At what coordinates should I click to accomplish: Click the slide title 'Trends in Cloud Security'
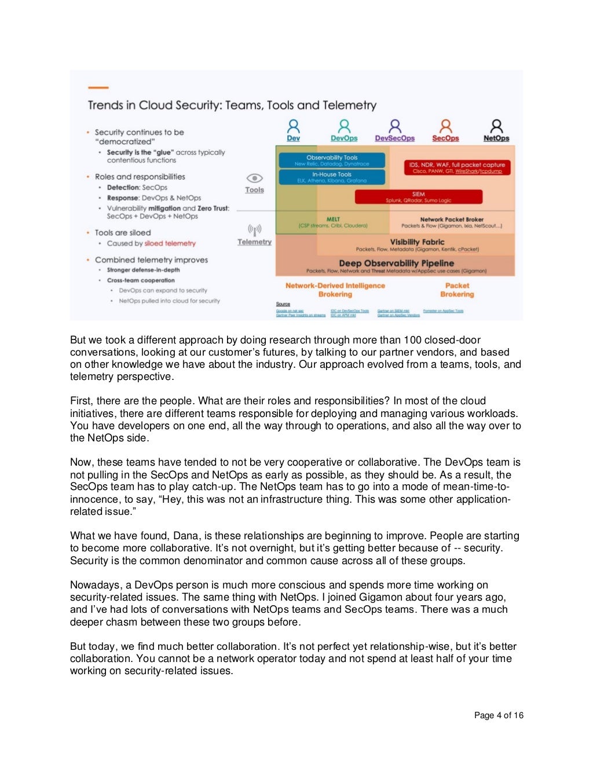point(232,105)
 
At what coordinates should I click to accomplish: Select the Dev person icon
point(294,126)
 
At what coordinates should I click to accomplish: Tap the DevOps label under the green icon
point(344,138)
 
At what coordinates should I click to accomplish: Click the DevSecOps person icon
point(395,126)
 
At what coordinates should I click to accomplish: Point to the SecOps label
point(445,138)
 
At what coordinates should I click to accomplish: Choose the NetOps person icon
point(496,126)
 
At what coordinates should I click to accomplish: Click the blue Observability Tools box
point(332,160)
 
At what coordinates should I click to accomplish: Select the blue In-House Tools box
point(332,177)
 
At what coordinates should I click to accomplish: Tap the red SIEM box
point(418,197)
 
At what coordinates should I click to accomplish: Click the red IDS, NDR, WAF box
point(457,167)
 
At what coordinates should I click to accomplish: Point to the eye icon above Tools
point(254,178)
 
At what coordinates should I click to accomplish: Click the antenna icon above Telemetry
point(254,229)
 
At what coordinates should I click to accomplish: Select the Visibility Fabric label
point(417,242)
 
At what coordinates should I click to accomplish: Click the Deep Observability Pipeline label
point(396,263)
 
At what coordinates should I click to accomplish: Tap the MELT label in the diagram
point(333,220)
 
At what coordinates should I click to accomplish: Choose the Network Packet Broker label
point(452,220)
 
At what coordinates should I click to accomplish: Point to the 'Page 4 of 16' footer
point(499,715)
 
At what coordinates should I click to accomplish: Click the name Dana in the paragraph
point(186,536)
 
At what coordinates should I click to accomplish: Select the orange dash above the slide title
point(98,88)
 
